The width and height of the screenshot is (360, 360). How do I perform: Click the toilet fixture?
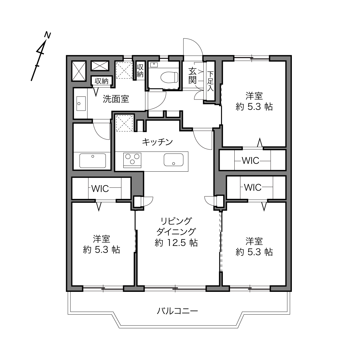tap(169, 77)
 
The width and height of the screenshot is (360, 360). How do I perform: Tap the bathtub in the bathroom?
tap(93, 161)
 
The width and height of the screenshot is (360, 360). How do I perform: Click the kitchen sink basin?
tap(174, 160)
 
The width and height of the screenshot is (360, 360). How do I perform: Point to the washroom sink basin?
tap(81, 104)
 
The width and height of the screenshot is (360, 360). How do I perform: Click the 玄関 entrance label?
tap(192, 76)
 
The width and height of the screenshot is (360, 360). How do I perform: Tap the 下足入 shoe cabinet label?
tap(210, 81)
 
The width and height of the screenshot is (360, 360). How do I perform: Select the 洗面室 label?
tap(116, 99)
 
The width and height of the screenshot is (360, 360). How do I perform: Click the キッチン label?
tap(157, 142)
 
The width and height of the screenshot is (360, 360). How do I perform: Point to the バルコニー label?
tap(177, 311)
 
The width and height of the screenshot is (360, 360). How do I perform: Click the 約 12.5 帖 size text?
tap(176, 243)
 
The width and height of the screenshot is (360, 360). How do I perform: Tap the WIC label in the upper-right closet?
tap(250, 160)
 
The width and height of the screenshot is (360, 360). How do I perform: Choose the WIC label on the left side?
tap(100, 189)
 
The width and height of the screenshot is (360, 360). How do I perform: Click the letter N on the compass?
tap(48, 35)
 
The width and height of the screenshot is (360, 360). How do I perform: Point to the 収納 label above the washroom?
tap(102, 81)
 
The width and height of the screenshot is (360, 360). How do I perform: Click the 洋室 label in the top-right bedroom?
tap(254, 96)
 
